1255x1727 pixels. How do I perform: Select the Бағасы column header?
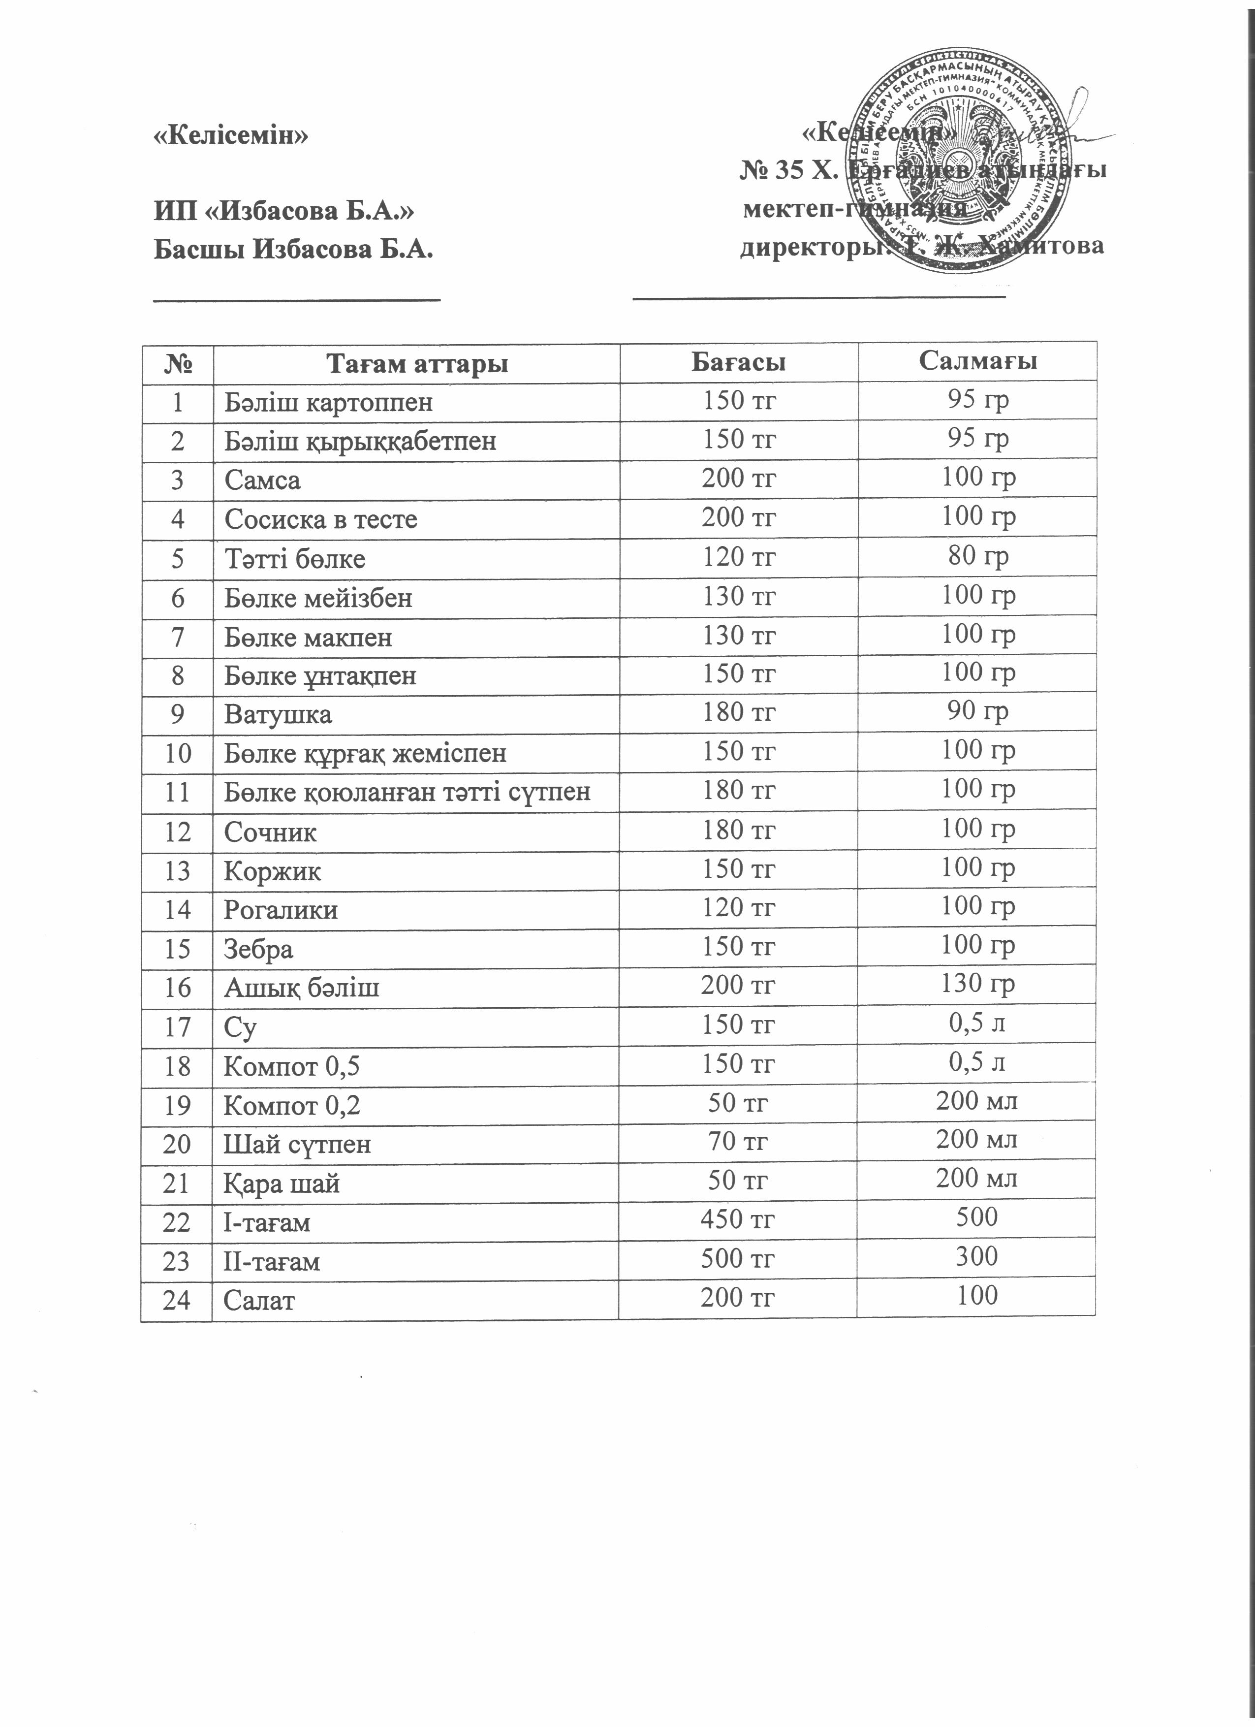pos(738,362)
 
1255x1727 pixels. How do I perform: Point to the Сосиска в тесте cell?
pos(320,519)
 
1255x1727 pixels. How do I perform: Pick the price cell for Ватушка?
pos(738,712)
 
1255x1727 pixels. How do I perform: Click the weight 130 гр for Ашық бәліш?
pos(978,984)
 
